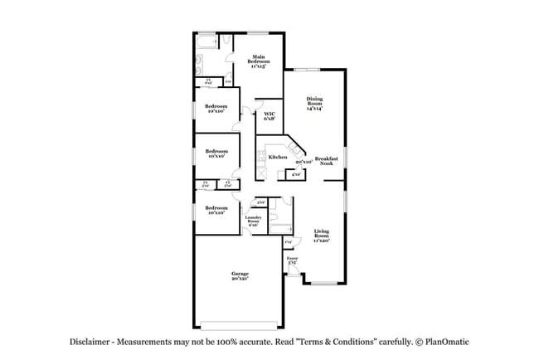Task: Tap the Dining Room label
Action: [315, 100]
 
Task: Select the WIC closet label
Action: [269, 114]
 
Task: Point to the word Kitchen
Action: [277, 157]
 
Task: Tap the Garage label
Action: [240, 273]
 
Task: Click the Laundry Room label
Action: [253, 220]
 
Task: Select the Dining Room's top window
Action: [311, 69]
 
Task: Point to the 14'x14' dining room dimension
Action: [315, 109]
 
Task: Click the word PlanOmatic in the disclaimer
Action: [449, 342]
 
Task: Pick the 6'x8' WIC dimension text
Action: [269, 119]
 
